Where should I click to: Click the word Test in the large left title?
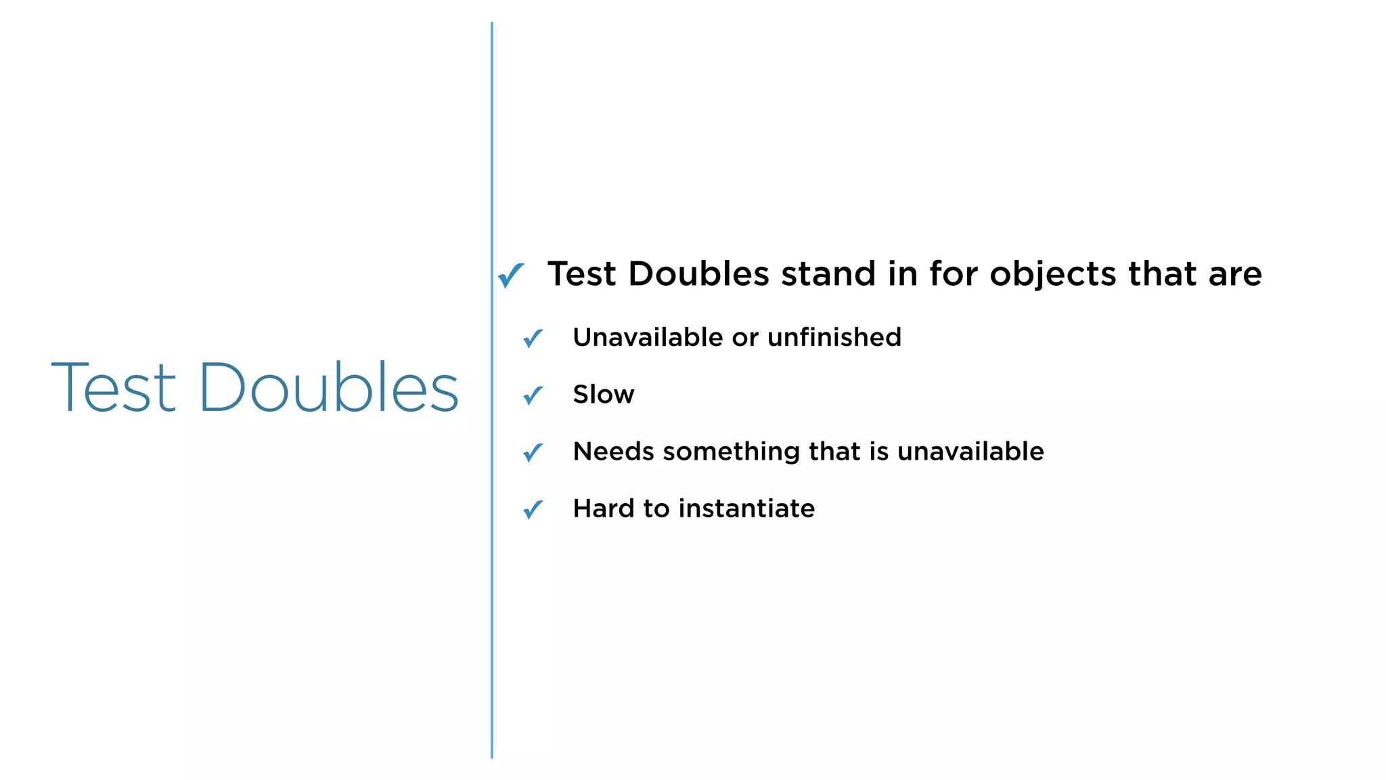(114, 387)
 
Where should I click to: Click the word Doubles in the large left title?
(329, 387)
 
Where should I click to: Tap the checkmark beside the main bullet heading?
(511, 275)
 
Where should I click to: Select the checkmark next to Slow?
(533, 395)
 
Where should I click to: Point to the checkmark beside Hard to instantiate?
(533, 509)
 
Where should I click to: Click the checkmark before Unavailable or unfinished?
(533, 338)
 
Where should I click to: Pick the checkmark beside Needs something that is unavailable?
(533, 452)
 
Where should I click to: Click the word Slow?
(603, 395)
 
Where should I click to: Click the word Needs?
(613, 452)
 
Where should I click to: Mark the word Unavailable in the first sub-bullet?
(648, 337)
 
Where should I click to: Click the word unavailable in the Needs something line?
(970, 452)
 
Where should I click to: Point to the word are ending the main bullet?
(1235, 275)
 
